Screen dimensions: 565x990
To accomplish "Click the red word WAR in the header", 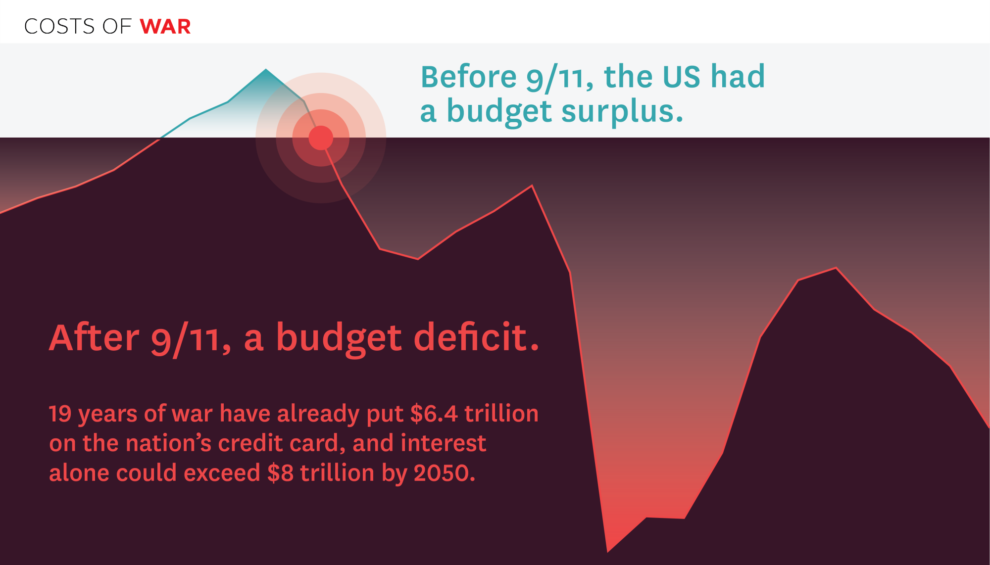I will tap(165, 27).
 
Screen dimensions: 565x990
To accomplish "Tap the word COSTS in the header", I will tap(59, 27).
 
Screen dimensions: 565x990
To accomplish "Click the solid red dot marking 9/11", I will tap(321, 138).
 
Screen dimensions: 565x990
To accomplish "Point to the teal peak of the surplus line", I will tap(266, 70).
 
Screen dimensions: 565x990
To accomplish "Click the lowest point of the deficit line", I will tap(607, 551).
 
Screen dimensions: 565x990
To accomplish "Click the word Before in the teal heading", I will tap(469, 77).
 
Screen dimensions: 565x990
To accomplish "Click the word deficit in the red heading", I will tap(476, 337).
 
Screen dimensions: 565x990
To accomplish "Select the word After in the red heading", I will tap(94, 337).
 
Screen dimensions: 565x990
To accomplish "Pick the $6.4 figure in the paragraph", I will tap(434, 414).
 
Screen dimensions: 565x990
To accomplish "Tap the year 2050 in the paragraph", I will tap(444, 473).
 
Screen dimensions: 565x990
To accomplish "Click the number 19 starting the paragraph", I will tap(60, 414).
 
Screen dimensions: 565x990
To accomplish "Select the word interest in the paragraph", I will tap(444, 443).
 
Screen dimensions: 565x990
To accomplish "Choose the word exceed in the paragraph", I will tap(222, 473).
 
